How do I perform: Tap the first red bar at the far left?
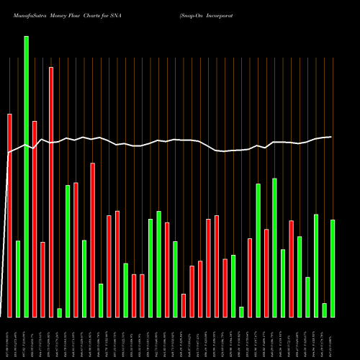tap(10, 215)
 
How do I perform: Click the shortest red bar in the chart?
tap(184, 305)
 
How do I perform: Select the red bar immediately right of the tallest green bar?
tap(35, 219)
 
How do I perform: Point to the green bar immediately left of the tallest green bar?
tap(18, 279)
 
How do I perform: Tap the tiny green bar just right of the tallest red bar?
tap(60, 312)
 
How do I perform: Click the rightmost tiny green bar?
tap(325, 310)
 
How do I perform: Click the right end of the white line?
tap(332, 137)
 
